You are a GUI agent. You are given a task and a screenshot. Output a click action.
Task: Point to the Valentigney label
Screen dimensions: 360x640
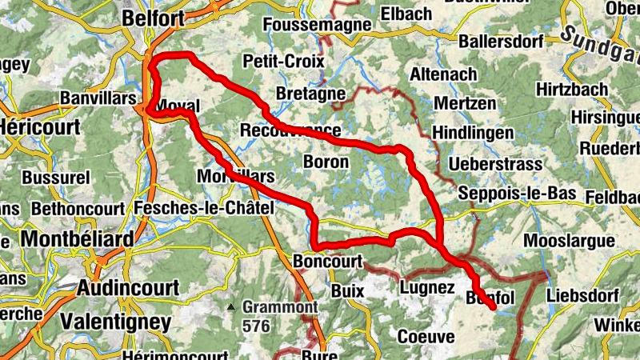tap(116, 322)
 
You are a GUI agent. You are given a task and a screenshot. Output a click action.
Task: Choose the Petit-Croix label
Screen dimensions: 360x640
tap(283, 61)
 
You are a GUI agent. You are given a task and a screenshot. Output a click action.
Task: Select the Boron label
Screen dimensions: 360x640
tap(326, 161)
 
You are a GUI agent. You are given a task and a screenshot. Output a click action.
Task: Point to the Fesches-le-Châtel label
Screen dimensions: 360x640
tap(205, 208)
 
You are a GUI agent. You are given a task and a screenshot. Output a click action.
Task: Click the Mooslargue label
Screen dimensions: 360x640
tap(568, 241)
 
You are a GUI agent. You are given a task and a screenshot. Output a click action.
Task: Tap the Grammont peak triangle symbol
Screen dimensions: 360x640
tap(231, 306)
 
